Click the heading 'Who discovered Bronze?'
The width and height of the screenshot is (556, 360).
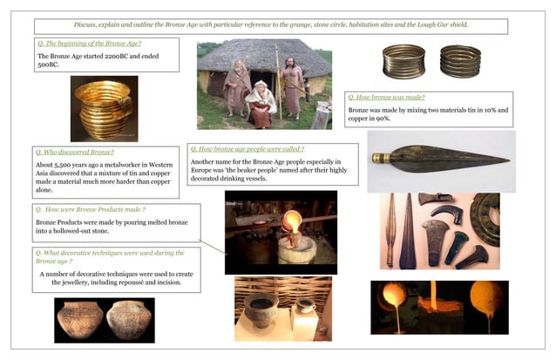pos(76,152)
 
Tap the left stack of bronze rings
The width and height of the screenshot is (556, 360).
pos(404,63)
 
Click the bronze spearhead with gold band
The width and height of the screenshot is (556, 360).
pos(439,160)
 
